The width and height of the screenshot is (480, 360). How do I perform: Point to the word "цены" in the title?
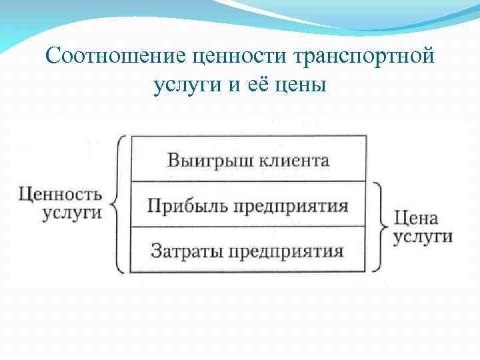tap(303, 85)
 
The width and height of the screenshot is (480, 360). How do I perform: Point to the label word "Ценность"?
tap(60, 195)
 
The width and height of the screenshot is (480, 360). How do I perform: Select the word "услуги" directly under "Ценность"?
tap(73, 214)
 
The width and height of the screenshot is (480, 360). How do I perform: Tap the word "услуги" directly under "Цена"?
tap(423, 237)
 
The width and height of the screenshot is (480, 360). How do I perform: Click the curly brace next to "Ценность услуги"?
tap(118, 204)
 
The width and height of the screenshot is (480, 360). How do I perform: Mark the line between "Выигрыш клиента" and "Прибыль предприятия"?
tap(248, 181)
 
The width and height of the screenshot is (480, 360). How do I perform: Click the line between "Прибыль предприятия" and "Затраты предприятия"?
tap(248, 227)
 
